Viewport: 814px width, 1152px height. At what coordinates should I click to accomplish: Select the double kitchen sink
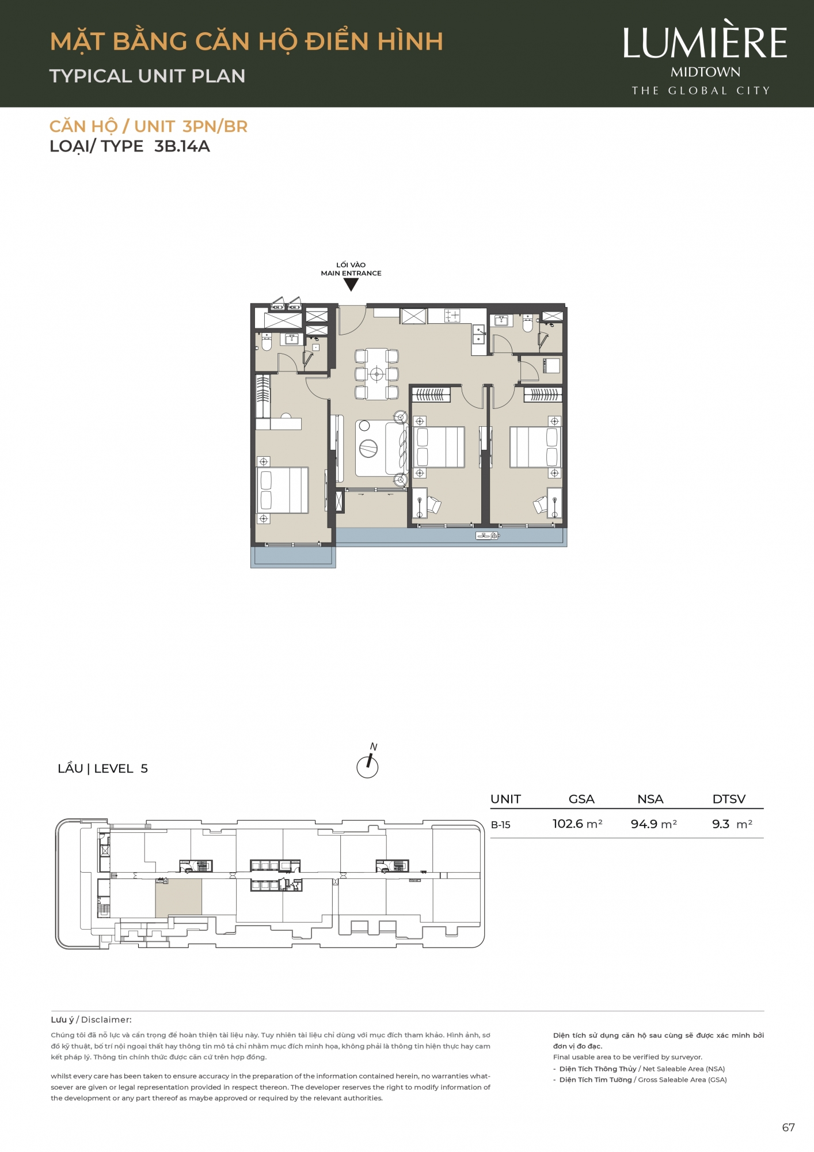pyautogui.click(x=479, y=335)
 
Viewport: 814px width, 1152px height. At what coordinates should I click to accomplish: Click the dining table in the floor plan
pyautogui.click(x=376, y=374)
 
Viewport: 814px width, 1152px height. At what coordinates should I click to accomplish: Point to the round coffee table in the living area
pyautogui.click(x=368, y=448)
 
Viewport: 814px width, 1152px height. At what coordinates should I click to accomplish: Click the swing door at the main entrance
pyautogui.click(x=352, y=320)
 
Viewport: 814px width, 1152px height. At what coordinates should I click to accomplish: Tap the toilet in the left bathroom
pyautogui.click(x=267, y=342)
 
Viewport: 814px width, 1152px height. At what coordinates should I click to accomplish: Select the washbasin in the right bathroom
pyautogui.click(x=501, y=320)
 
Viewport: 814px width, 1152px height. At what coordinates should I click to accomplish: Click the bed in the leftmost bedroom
pyautogui.click(x=283, y=490)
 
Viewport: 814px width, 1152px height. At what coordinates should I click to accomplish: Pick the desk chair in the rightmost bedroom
pyautogui.click(x=541, y=505)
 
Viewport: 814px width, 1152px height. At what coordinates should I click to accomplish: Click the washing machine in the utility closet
pyautogui.click(x=551, y=365)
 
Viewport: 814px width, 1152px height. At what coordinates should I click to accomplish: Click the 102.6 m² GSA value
pyautogui.click(x=577, y=824)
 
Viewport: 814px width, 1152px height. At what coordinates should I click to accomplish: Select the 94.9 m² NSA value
pyautogui.click(x=653, y=824)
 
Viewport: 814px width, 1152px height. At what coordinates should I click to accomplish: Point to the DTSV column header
pyautogui.click(x=729, y=799)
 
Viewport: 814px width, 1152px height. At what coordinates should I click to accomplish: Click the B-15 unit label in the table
pyautogui.click(x=501, y=825)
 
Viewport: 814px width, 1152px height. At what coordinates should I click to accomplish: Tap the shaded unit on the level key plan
pyautogui.click(x=178, y=897)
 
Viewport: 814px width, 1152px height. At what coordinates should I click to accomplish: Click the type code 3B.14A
pyautogui.click(x=182, y=146)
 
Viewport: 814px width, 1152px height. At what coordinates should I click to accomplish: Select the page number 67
pyautogui.click(x=788, y=1128)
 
